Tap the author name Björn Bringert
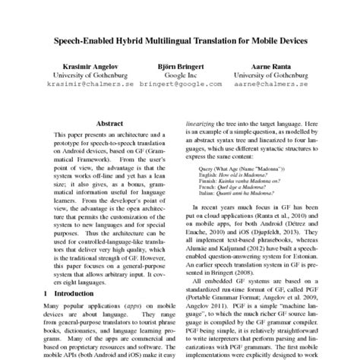point(180,66)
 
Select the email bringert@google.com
point(180,86)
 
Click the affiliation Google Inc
point(180,76)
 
